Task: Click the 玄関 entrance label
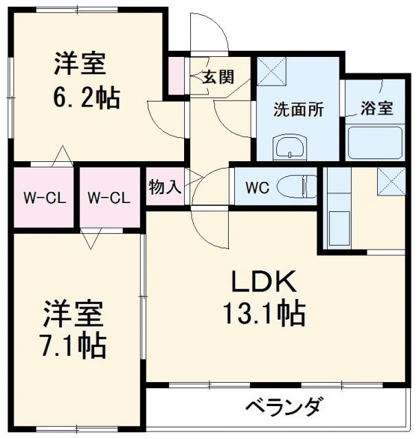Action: pos(218,76)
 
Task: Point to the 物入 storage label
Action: pos(164,186)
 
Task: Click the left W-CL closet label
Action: pos(43,199)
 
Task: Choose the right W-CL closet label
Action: pos(109,199)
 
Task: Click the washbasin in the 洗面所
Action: pos(291,145)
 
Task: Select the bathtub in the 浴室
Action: pos(377,143)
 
